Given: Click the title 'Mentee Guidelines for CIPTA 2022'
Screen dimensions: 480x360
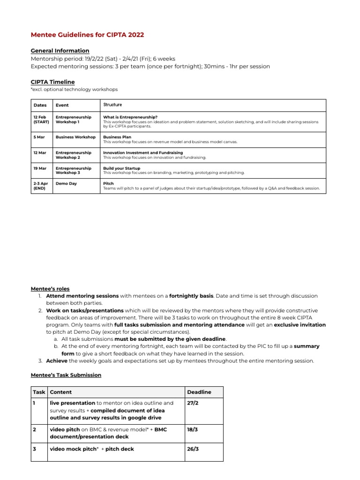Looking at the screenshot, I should pos(87,35).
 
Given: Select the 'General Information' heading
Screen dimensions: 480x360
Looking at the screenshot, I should pos(60,51).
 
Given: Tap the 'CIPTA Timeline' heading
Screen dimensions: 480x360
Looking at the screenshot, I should pos(52,82).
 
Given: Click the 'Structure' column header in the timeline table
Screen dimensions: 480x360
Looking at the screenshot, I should pos(112,105).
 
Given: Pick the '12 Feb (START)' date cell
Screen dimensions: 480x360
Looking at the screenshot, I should pos(41,120).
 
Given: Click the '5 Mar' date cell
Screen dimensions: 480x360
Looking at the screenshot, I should pos(39,137).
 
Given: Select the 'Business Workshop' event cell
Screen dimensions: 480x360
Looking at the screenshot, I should pos(75,137).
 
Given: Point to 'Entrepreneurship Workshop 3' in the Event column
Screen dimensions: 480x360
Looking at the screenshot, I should pos(74,170).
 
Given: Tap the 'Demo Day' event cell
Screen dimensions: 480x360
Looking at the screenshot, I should pos(66,183).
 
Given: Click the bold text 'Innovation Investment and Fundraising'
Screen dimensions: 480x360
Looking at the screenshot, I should pos(143,152).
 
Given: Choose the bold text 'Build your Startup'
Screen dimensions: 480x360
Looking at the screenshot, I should pos(121,168).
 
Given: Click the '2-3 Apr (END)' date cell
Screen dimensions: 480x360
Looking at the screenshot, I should pos(41,186).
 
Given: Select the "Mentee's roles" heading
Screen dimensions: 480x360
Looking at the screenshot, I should pos(50,289).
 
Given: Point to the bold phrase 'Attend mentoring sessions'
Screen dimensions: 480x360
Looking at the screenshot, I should pos(82,296).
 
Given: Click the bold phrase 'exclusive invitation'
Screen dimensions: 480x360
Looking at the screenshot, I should pos(300,324).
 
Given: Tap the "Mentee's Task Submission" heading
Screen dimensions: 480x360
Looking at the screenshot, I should pos(66,375).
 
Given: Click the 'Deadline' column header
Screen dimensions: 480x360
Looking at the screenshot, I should pos(199,392).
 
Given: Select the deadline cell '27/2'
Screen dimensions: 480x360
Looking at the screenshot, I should pos(192,403).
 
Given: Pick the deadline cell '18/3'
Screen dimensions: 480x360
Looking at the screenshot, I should pos(192,429).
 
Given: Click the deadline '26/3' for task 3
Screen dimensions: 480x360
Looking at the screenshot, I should pos(192,449).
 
